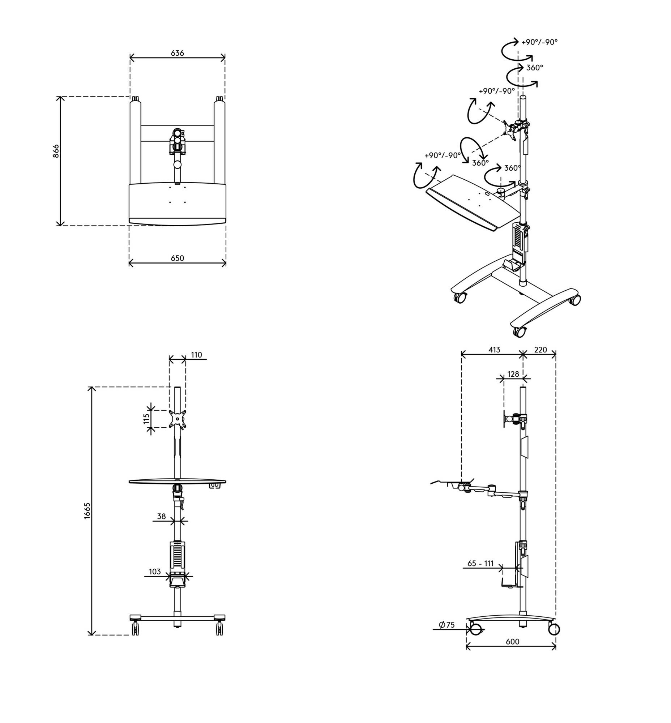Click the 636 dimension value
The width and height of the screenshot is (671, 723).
[x=177, y=53]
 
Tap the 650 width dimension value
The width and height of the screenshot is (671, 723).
[x=177, y=258]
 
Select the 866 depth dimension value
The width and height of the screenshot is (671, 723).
[x=56, y=151]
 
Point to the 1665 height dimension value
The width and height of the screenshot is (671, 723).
[x=87, y=510]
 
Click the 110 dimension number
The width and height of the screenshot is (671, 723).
[x=196, y=355]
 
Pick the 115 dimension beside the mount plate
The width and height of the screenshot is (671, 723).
[x=146, y=419]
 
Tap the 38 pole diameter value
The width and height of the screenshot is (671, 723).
[x=162, y=516]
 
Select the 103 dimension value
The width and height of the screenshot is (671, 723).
[x=155, y=572]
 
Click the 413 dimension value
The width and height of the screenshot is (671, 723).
[x=494, y=350]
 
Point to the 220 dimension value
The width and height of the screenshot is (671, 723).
[x=540, y=350]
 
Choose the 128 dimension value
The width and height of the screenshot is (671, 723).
[x=513, y=374]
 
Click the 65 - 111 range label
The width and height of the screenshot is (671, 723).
[x=480, y=564]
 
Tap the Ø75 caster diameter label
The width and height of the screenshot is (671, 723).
[x=446, y=625]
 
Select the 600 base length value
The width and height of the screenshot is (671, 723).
[x=512, y=642]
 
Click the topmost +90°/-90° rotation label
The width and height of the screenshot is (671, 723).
[x=539, y=42]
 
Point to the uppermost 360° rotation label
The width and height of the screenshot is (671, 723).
[x=535, y=68]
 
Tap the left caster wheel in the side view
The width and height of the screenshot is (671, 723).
[x=476, y=629]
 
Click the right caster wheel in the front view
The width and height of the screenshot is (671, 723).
[x=219, y=628]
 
